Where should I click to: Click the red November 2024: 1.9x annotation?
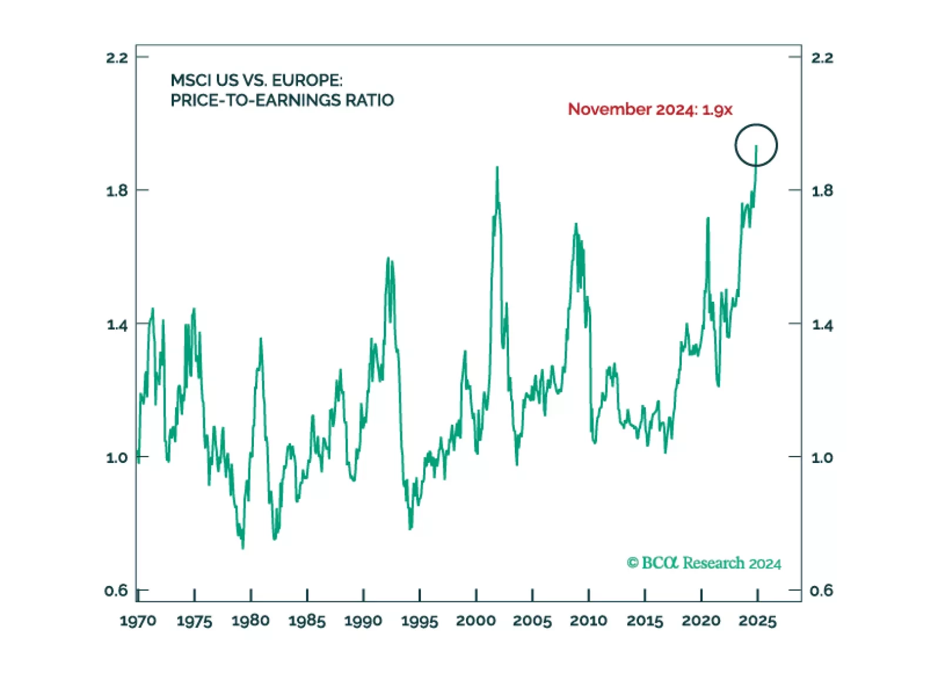click(650, 109)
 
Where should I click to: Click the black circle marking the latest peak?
click(756, 145)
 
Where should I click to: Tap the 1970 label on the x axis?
click(138, 621)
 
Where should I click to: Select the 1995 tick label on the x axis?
click(420, 621)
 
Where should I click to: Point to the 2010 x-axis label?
click(588, 621)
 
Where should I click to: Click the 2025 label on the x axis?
click(758, 621)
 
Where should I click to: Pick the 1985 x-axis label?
click(307, 621)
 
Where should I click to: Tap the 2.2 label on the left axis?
click(116, 58)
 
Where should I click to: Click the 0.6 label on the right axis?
click(821, 590)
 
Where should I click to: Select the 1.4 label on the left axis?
click(116, 325)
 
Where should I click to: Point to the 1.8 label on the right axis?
click(822, 191)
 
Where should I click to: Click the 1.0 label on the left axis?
click(116, 458)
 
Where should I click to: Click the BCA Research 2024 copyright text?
click(704, 563)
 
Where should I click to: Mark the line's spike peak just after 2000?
click(497, 168)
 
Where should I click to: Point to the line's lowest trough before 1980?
click(243, 548)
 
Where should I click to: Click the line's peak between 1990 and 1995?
click(388, 258)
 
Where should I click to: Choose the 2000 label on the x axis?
click(476, 621)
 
